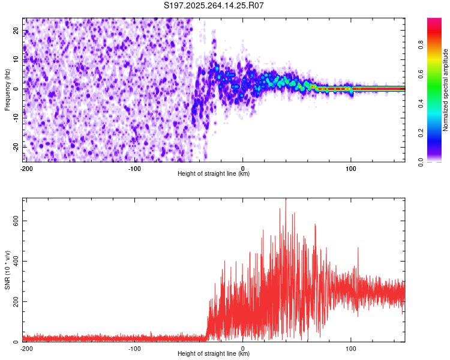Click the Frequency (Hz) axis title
[x=7, y=89]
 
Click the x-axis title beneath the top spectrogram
[x=214, y=174]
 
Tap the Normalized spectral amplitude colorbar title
[x=446, y=89]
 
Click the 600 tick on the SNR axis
[x=15, y=221]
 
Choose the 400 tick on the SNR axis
[x=15, y=261]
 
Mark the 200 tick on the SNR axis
[x=15, y=301]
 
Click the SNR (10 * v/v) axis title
[x=7, y=270]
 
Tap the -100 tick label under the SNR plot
[x=134, y=348]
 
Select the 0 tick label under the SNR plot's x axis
[x=243, y=348]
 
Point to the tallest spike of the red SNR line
[x=286, y=200]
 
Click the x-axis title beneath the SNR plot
[x=214, y=354]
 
